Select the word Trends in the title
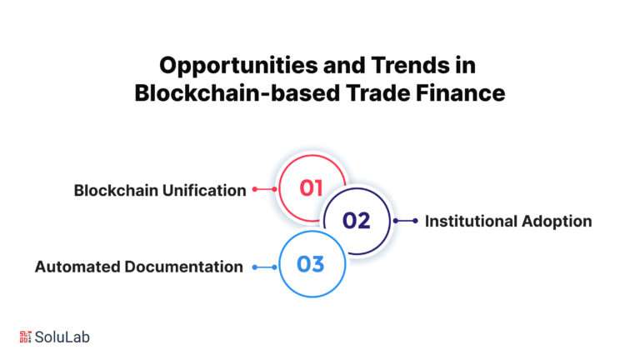pos(409,65)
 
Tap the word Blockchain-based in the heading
pos(237,92)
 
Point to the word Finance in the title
pos(460,92)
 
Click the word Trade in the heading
pos(378,92)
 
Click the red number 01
pos(311,188)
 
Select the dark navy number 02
pos(357,221)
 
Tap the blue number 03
pos(311,264)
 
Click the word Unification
pos(204,190)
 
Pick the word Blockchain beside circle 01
pos(116,190)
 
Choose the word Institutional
pos(471,221)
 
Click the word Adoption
pos(557,222)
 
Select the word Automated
pos(77,267)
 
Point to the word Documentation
pos(183,267)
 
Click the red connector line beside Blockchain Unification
pos(264,189)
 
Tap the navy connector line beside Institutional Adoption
pos(406,221)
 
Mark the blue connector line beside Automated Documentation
pos(264,267)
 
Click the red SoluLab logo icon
pos(25,337)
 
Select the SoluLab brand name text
pos(62,337)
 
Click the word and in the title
pos(344,65)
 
